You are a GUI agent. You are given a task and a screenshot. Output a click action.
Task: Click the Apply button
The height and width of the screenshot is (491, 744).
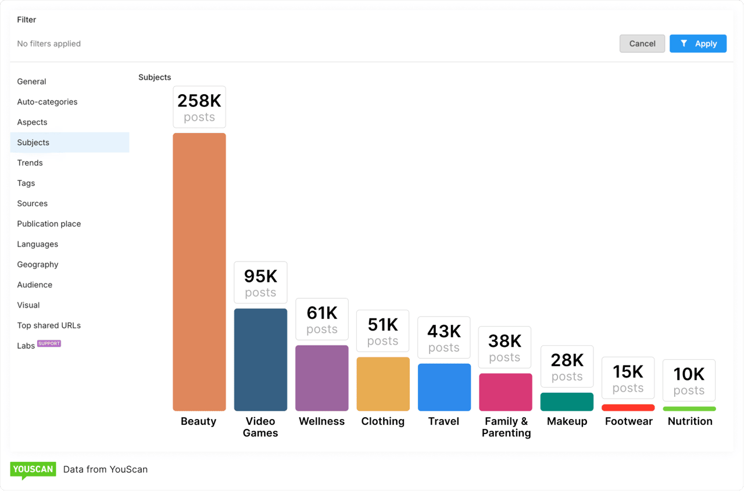click(x=697, y=44)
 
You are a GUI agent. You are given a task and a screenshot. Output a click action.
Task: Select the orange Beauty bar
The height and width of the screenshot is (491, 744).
click(x=199, y=272)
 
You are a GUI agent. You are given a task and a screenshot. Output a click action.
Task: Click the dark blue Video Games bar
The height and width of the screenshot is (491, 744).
click(x=260, y=360)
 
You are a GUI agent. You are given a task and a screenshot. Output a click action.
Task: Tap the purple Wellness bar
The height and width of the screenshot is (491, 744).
click(x=322, y=378)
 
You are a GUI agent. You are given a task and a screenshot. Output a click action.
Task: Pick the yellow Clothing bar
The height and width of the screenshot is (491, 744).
click(x=383, y=384)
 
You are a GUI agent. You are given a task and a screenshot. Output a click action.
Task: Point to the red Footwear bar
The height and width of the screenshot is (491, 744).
click(x=628, y=408)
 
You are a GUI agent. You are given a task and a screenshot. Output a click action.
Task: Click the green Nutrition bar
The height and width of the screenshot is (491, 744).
click(x=689, y=409)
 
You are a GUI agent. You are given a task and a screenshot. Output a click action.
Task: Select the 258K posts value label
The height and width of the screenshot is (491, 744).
click(x=199, y=107)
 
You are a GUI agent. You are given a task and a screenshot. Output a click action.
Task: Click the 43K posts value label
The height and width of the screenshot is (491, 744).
click(x=444, y=338)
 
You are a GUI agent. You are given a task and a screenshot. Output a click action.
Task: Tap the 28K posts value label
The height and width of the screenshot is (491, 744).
click(x=567, y=367)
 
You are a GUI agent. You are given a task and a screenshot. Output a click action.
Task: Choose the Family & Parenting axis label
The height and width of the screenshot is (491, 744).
click(x=506, y=427)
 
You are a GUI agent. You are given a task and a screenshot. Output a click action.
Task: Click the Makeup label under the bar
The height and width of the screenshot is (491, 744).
click(x=567, y=421)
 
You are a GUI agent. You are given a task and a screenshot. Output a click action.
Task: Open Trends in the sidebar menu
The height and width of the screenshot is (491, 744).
click(x=30, y=163)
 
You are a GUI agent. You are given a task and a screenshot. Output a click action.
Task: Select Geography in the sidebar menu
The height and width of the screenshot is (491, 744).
click(x=38, y=264)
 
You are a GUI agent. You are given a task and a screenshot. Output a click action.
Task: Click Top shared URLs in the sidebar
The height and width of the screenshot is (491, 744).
click(x=49, y=325)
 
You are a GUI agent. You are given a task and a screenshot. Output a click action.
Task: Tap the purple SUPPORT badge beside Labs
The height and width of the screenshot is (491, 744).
click(x=49, y=343)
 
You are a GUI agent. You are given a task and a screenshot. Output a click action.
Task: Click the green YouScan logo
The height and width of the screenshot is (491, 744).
click(x=33, y=470)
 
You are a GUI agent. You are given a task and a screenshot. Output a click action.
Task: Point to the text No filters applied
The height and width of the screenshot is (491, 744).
click(x=49, y=44)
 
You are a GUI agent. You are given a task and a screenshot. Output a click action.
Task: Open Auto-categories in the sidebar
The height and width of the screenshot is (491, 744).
click(x=47, y=102)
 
